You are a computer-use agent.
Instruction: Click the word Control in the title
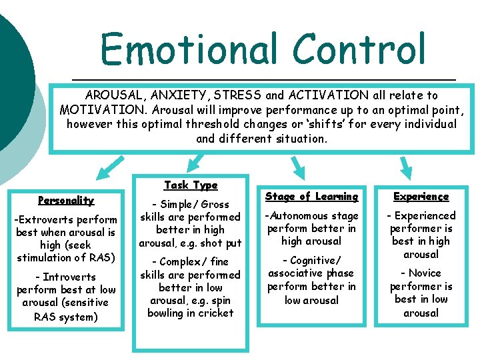coord(358,49)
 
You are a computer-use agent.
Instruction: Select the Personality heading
coord(66,200)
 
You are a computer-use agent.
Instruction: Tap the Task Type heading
coord(191,185)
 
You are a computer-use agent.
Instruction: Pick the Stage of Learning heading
coord(311,196)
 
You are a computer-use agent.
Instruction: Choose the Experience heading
coord(421,196)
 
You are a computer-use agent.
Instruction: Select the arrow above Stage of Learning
coord(297,167)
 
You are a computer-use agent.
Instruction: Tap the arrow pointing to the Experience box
coord(405,166)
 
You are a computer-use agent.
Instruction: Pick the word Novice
coord(425,273)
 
